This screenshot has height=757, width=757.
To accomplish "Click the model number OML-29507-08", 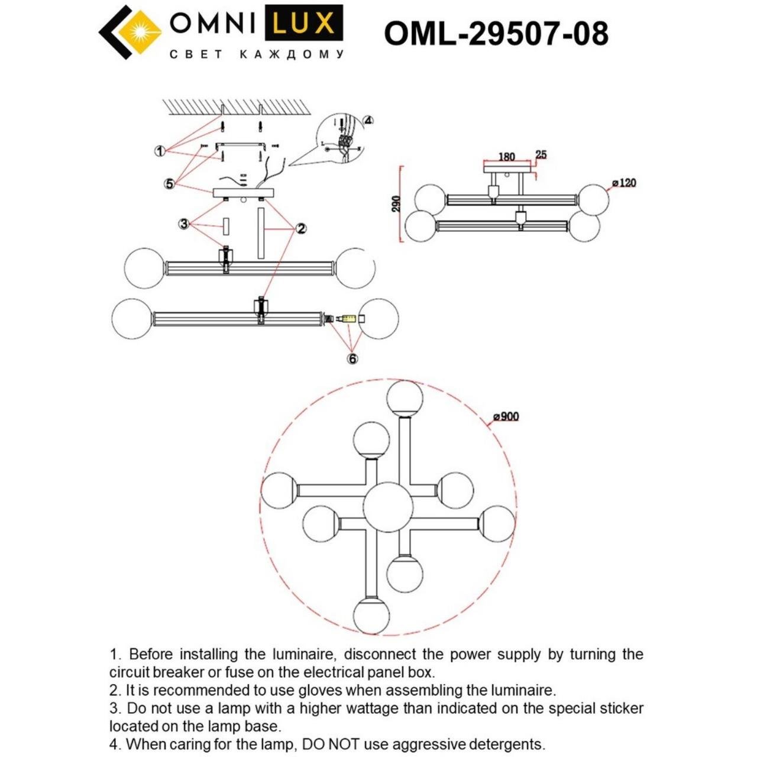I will (496, 33).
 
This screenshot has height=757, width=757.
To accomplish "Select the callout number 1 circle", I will (160, 151).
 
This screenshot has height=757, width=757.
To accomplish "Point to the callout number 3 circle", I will (184, 224).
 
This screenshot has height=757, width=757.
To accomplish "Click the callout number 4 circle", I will (368, 121).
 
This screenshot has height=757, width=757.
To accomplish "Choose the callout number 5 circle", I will (170, 184).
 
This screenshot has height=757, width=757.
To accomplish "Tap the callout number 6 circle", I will (352, 358).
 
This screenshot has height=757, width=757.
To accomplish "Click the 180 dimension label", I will (506, 157).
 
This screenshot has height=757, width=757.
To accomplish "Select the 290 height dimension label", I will (396, 204).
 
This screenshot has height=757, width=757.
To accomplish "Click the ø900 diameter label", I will (506, 416).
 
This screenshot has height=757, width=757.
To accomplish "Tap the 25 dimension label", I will (541, 155).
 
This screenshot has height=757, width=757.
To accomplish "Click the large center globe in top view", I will (388, 507).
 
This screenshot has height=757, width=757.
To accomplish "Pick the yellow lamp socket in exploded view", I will (348, 319).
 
